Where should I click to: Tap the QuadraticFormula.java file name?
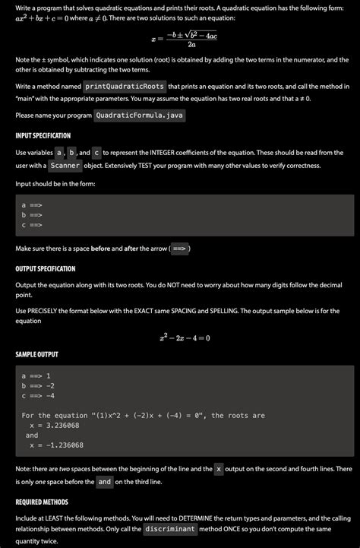click(x=140, y=116)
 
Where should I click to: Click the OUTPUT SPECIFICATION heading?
click(x=46, y=269)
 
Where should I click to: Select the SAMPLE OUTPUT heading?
click(x=37, y=355)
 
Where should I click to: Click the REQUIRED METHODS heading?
click(x=43, y=502)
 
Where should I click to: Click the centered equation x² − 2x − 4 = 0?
click(x=185, y=337)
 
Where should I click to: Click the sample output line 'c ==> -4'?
click(x=38, y=395)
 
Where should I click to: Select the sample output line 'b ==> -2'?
click(x=38, y=385)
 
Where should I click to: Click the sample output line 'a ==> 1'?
click(x=36, y=375)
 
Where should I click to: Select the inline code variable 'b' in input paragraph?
click(x=71, y=153)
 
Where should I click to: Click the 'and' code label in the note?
click(x=105, y=481)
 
